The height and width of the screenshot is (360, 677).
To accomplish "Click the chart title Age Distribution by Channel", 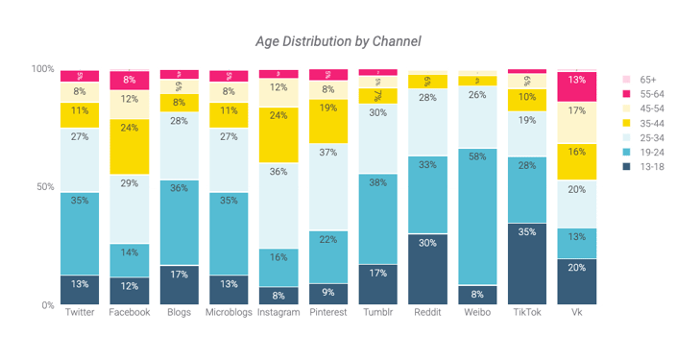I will coord(338,41).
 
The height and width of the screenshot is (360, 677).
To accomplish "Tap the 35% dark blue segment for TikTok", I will coord(527,264).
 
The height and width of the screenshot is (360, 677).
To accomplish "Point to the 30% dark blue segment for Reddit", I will coord(427,270).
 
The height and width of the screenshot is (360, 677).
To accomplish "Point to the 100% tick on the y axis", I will coord(42,69).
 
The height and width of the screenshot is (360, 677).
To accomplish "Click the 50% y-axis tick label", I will coord(45,187).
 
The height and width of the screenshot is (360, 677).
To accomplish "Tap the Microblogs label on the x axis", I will coord(229,313).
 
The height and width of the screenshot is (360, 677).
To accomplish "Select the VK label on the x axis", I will coord(577,313).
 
